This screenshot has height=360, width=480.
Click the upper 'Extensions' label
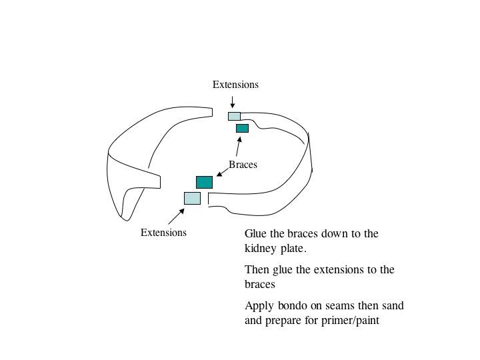point(235,85)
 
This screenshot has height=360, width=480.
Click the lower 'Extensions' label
point(163,233)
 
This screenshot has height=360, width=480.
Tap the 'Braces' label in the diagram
point(243,165)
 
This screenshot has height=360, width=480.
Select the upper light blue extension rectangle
point(234,116)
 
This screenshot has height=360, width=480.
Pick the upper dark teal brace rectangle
point(242,128)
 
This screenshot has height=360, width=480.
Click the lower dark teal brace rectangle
point(204,182)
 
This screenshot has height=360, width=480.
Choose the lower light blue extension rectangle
point(192,198)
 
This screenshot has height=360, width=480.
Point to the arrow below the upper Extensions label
point(232,101)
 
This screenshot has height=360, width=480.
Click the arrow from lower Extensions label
point(176,216)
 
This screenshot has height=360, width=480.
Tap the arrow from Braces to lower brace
point(223,173)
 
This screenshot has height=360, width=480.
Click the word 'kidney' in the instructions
point(261,249)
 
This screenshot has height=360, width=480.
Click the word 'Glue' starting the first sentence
point(256,234)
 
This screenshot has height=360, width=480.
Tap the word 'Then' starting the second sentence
point(257,270)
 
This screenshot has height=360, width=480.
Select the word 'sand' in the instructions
point(393,306)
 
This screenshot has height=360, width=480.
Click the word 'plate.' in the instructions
point(293,249)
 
